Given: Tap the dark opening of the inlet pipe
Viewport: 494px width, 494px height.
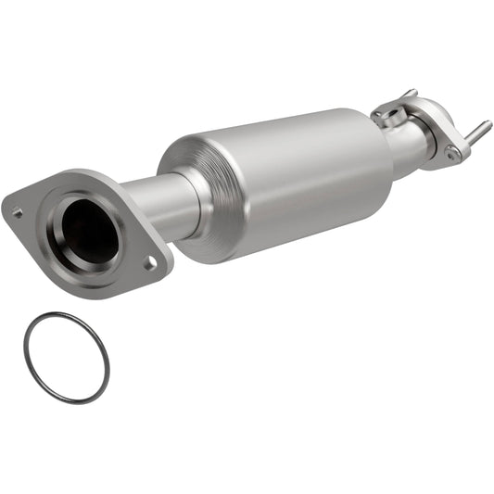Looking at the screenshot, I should click(x=91, y=230).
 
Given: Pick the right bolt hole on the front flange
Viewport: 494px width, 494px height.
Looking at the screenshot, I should click(x=149, y=264).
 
